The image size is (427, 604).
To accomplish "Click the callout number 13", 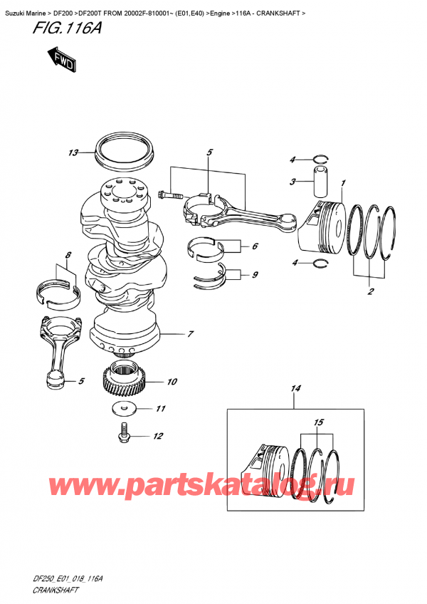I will [x=73, y=152].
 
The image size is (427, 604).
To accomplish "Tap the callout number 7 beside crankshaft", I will [x=191, y=333].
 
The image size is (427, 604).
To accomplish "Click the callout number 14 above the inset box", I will [x=294, y=389].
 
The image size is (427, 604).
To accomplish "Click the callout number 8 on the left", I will [x=68, y=254].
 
